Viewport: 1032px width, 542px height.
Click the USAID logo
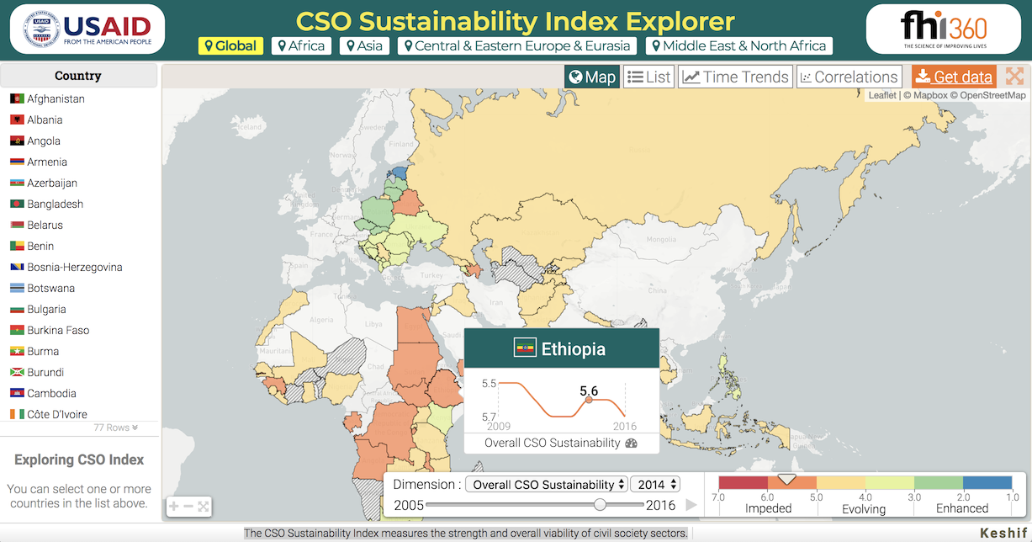[87, 29]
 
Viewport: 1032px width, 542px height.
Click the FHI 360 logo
[943, 29]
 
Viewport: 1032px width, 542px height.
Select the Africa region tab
[301, 46]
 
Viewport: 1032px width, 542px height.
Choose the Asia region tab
[364, 46]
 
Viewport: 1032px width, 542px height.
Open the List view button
[648, 77]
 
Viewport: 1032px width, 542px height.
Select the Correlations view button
[849, 77]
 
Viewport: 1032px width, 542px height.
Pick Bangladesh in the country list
[56, 205]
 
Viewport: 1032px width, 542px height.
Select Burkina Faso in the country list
[58, 331]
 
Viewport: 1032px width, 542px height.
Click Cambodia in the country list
[51, 394]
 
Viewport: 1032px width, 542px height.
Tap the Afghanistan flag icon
[17, 99]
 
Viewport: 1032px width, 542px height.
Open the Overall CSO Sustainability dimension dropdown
[548, 485]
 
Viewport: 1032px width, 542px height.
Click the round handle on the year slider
[600, 505]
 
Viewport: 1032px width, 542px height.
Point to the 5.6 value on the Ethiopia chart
[589, 391]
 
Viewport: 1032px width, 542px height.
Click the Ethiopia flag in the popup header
[526, 348]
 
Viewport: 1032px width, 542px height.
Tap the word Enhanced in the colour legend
[962, 508]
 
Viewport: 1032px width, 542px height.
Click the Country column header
[78, 76]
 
